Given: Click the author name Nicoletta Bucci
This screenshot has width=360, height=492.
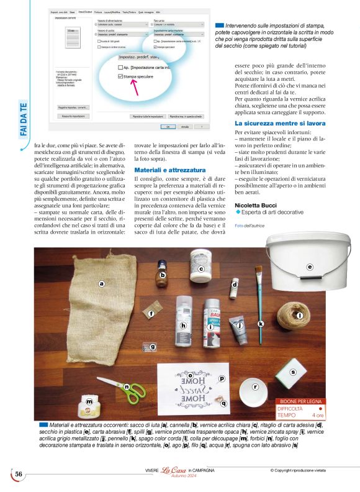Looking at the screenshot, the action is click(255, 205).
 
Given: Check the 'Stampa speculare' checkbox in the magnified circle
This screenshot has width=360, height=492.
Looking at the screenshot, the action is click(120, 76).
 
